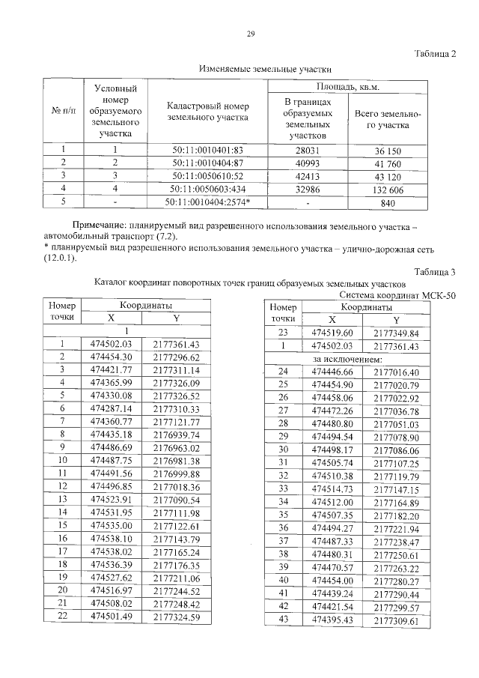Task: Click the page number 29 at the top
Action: pyautogui.click(x=251, y=34)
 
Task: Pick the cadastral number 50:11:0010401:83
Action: pyautogui.click(x=208, y=150)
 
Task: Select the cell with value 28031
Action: pyautogui.click(x=307, y=150)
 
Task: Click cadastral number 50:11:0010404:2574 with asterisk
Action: pyautogui.click(x=208, y=203)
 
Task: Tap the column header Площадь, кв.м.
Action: pyautogui.click(x=348, y=88)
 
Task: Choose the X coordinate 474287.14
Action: pyautogui.click(x=111, y=408)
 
